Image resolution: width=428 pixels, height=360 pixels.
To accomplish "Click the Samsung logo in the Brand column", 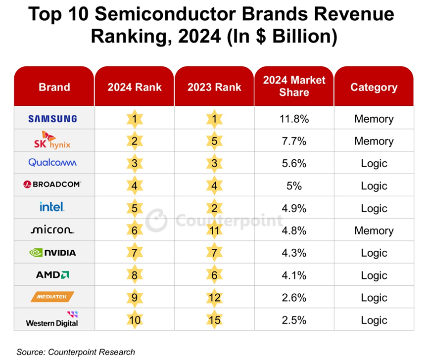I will (53, 119).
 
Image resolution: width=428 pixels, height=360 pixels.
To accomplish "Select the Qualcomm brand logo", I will (53, 163).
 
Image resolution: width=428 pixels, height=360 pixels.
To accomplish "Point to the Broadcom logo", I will (53, 184).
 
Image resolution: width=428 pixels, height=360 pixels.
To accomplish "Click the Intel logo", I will (52, 207).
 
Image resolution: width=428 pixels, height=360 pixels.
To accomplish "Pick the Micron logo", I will (52, 230).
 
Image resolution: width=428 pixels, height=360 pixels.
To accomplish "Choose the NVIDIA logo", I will (53, 253).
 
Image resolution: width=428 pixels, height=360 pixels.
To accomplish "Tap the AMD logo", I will (53, 275).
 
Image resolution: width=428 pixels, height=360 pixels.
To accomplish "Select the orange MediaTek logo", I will (53, 297).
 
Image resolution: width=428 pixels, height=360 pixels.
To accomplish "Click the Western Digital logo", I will (53, 319).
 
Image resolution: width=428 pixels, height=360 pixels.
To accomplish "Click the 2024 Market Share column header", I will (294, 87).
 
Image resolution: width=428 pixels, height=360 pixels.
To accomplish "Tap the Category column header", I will (374, 87).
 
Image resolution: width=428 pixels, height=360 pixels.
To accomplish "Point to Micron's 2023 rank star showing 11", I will (214, 230).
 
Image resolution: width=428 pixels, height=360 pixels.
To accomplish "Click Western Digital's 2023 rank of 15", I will (214, 320).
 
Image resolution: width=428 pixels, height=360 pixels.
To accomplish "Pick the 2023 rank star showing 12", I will (214, 298).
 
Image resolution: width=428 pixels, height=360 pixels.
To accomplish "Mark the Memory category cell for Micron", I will (374, 230).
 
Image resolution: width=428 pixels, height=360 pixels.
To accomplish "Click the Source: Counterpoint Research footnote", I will (76, 352).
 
